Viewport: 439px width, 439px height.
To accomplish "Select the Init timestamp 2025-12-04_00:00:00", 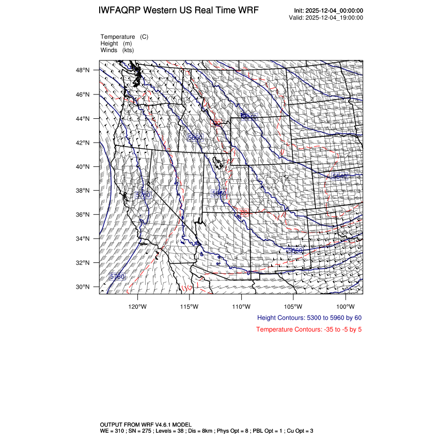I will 336,11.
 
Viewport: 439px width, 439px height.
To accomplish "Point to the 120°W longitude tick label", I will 137,306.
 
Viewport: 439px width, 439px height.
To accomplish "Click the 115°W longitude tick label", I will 190,306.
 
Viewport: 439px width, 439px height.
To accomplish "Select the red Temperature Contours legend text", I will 309,330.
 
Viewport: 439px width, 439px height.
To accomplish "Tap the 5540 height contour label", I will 340,177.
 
